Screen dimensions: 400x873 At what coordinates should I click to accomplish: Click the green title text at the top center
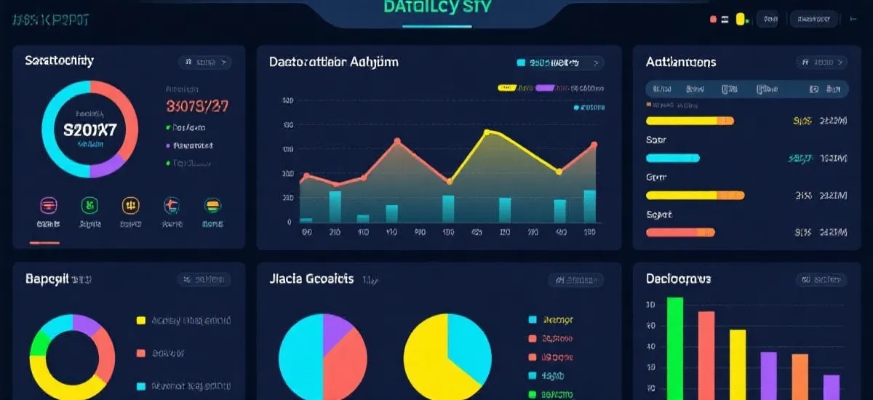[436, 8]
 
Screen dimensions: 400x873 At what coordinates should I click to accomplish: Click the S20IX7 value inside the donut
[90, 130]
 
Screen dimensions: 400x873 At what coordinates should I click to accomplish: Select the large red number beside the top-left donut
[197, 106]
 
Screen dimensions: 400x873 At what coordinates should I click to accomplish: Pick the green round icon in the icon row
[90, 206]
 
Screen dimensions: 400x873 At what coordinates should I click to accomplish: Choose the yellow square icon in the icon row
[131, 206]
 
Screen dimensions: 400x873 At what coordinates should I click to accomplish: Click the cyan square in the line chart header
[521, 63]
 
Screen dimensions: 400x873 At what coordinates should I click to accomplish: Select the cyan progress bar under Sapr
[673, 158]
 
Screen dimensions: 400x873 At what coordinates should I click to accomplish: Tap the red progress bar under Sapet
[680, 232]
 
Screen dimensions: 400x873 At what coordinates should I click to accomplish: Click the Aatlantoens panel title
[681, 63]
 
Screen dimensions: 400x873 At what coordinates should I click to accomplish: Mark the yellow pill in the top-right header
[741, 20]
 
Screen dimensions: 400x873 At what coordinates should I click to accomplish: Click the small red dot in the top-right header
[714, 20]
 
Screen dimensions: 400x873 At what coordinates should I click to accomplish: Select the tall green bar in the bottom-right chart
[675, 348]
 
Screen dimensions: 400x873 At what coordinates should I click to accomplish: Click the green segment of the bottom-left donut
[40, 342]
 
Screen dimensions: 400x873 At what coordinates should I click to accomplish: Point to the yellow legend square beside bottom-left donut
[141, 320]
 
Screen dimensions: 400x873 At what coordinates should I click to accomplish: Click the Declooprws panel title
[678, 279]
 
